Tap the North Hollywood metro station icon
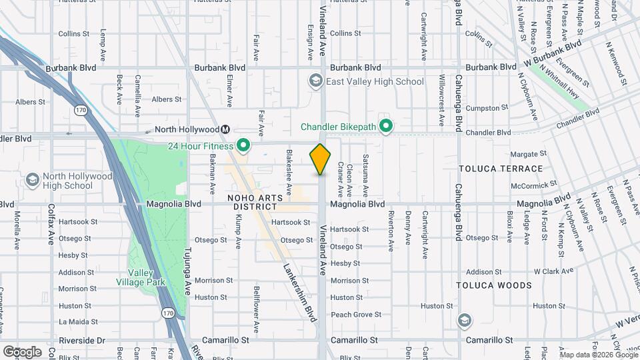[x=226, y=129]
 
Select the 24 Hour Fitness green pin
[x=243, y=145]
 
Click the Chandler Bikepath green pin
[x=385, y=126]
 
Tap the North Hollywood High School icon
[x=32, y=180]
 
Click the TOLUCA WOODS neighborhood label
[x=494, y=285]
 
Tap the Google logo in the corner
[x=21, y=351]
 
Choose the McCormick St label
[x=534, y=185]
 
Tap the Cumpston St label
[x=483, y=108]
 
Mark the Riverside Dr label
[x=83, y=340]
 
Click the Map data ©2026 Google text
[x=599, y=353]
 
